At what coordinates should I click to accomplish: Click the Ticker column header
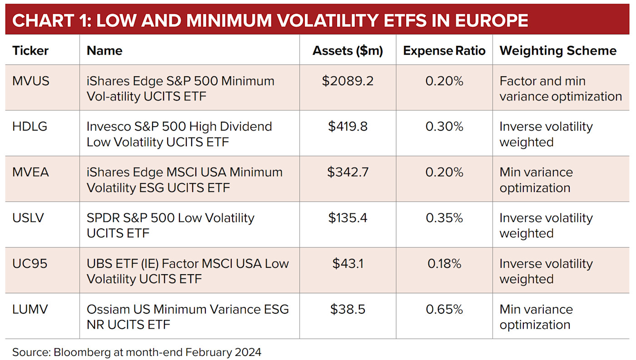30,50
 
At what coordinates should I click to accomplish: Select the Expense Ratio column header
444,50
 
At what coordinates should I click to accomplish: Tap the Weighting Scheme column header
558,50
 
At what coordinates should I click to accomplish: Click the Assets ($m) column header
348,50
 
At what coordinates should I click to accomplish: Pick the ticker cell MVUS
31,81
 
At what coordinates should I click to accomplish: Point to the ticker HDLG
30,127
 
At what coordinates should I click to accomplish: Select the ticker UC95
30,264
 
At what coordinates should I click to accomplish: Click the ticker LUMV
30,310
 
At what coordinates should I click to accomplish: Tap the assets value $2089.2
348,81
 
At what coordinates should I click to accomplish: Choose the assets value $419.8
348,127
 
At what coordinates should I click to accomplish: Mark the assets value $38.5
348,310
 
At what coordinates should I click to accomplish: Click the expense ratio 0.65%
444,310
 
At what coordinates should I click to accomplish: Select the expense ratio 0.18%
444,264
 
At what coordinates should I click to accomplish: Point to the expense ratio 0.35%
444,218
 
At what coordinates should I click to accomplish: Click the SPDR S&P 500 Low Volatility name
170,226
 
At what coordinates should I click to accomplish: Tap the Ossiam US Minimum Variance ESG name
188,317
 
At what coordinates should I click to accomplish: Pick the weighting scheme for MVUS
560,89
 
